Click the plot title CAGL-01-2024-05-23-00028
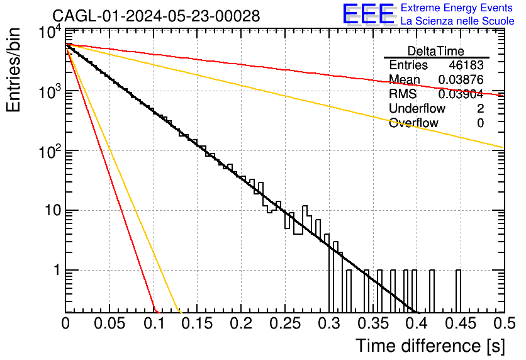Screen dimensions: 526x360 pyautogui.click(x=156, y=16)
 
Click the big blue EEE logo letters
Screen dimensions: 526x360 pyautogui.click(x=369, y=14)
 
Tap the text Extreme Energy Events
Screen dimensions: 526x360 pyautogui.click(x=457, y=8)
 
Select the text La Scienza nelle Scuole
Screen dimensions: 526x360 pyautogui.click(x=457, y=21)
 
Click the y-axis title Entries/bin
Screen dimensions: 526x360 pyautogui.click(x=13, y=70)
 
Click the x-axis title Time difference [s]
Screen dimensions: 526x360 pyautogui.click(x=430, y=346)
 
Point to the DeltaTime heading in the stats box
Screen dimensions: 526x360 pyautogui.click(x=436, y=51)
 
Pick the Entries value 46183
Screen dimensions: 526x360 pyautogui.click(x=466, y=65)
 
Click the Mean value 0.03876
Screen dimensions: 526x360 pyautogui.click(x=461, y=79)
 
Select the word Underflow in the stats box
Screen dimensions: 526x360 pyautogui.click(x=417, y=108)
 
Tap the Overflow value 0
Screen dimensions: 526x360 pyautogui.click(x=480, y=123)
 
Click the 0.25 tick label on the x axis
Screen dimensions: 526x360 pyautogui.click(x=285, y=323)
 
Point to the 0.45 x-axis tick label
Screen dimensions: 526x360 pyautogui.click(x=461, y=323)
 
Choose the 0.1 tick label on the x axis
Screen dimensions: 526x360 pyautogui.click(x=154, y=323)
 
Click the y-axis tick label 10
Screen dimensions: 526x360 pyautogui.click(x=53, y=211)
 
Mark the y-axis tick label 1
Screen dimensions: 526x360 pyautogui.click(x=57, y=270)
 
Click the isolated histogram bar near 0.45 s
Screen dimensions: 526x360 pyautogui.click(x=458, y=291)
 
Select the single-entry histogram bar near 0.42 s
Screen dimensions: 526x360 pyautogui.click(x=432, y=291)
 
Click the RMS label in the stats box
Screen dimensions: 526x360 pyautogui.click(x=403, y=94)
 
